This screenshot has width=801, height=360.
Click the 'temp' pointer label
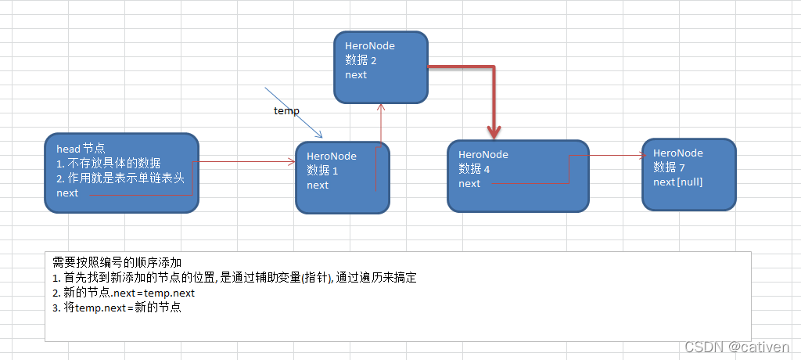286,111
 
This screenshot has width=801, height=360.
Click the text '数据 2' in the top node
361,60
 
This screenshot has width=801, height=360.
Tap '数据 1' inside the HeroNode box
322,171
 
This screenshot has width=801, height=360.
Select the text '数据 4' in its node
475,169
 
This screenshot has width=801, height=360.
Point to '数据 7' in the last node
670,167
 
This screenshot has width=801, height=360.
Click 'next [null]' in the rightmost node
677,182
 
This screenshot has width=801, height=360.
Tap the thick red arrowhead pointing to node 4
494,131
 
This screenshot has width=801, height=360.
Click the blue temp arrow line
293,110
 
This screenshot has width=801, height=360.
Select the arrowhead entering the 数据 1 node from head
291,162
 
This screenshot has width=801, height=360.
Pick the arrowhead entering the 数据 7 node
636,155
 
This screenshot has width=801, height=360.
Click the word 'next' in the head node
67,193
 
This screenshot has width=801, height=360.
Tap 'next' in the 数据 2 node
356,75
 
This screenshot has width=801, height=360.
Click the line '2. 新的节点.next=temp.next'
124,293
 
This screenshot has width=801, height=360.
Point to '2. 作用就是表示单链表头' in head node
120,178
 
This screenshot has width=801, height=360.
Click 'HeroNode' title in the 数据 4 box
483,155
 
